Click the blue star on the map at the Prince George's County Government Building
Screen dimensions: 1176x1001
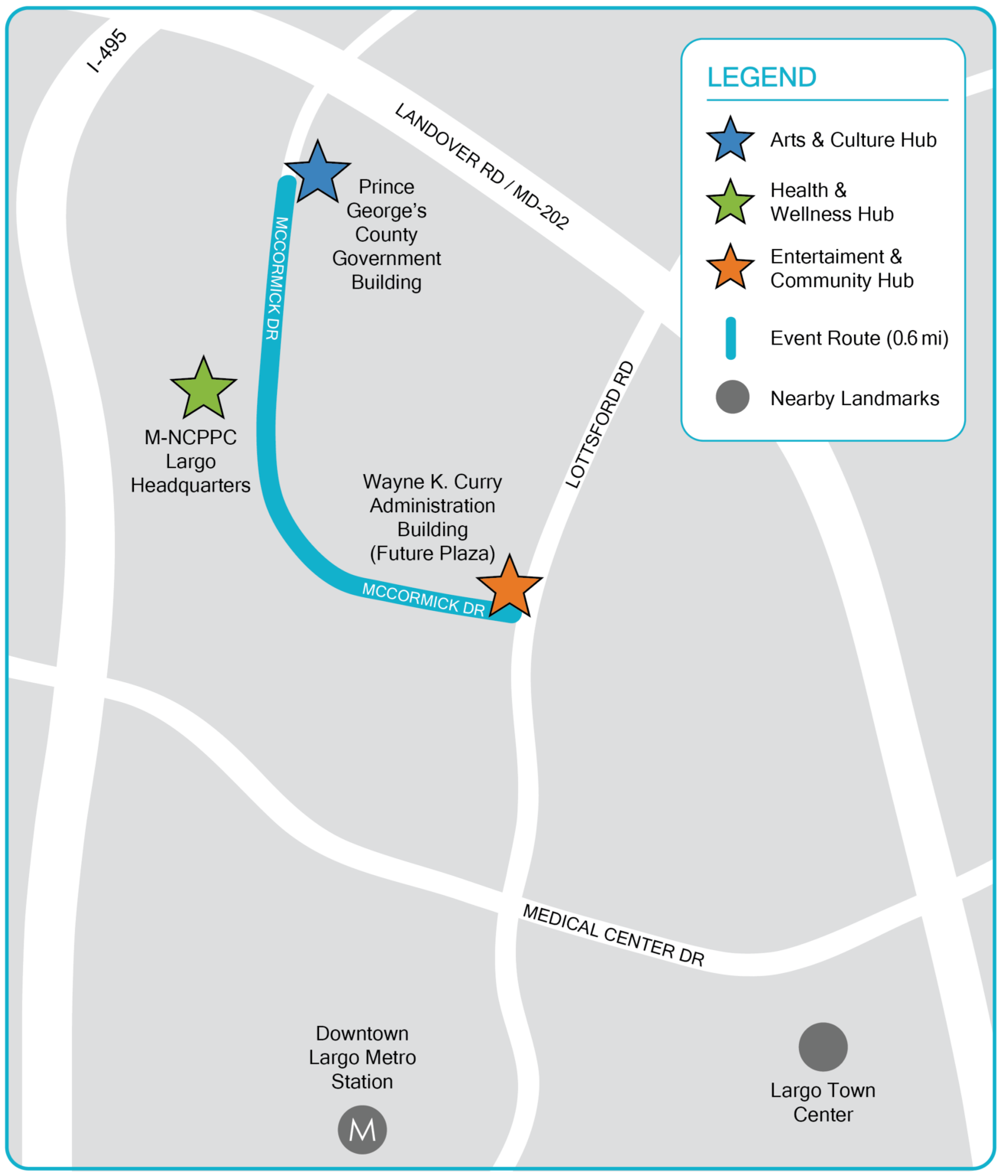(317, 173)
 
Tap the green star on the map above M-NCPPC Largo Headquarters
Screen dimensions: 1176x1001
(204, 389)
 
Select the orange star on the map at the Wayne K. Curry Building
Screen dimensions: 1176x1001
(509, 587)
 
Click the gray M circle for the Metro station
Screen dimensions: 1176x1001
(362, 1129)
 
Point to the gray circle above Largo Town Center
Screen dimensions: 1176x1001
(823, 1047)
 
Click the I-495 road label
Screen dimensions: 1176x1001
(108, 51)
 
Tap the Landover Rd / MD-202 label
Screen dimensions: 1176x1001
(481, 166)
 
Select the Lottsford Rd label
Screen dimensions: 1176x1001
(600, 424)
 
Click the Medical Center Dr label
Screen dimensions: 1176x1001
(613, 935)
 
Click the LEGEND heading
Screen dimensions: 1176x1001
(761, 77)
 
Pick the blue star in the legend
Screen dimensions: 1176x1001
(730, 140)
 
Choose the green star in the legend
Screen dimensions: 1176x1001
(730, 203)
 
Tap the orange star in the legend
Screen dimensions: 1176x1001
(730, 268)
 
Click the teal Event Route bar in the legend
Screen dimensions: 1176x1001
(731, 338)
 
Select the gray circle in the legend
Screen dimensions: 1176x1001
(732, 397)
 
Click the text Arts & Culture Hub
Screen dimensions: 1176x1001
(853, 140)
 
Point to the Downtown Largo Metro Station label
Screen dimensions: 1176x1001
(362, 1057)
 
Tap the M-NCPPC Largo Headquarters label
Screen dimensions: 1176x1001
(191, 461)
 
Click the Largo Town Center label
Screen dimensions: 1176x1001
(823, 1102)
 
